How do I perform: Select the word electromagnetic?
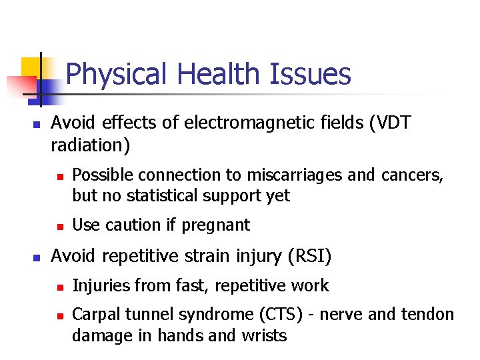[243, 123]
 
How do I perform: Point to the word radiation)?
[90, 145]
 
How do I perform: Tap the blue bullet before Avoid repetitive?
[37, 257]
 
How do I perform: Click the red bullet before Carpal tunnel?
[59, 315]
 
